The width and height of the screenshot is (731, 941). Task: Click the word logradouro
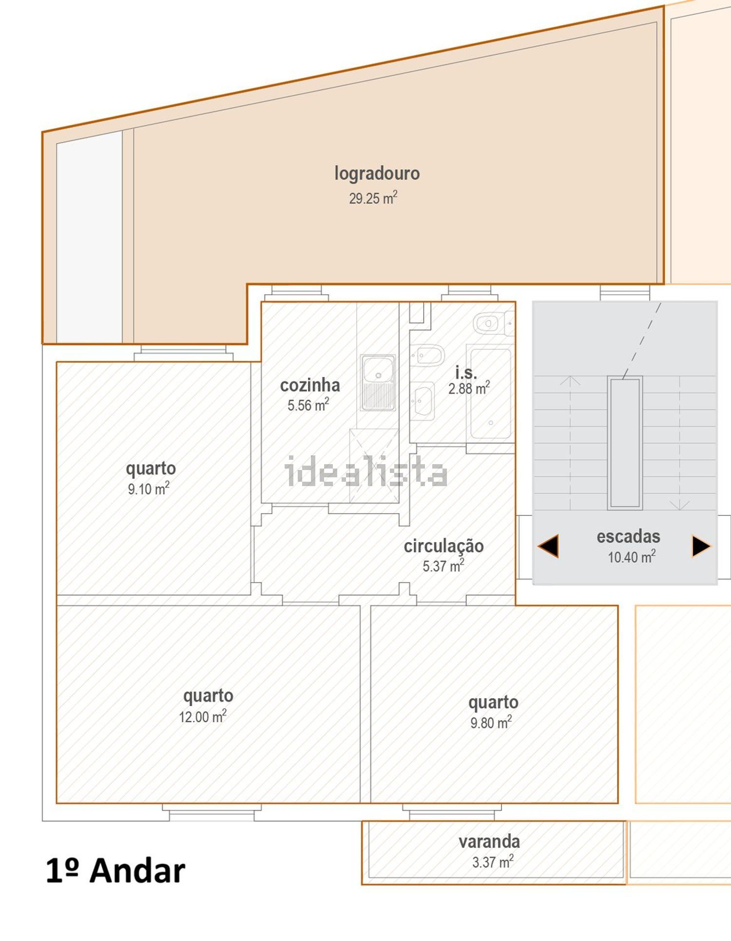tap(377, 174)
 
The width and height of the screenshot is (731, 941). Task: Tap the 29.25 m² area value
tap(373, 198)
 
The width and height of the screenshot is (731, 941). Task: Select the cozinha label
tap(310, 385)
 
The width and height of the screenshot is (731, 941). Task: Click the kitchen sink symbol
tap(378, 383)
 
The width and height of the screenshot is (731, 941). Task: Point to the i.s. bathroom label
tap(466, 372)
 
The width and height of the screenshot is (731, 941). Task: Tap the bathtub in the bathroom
tap(491, 392)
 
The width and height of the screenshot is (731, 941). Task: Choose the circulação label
tap(443, 546)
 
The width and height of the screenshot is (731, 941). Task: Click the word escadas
tap(628, 536)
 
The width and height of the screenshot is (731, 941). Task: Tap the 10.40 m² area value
tap(632, 557)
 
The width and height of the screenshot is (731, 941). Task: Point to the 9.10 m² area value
tap(149, 489)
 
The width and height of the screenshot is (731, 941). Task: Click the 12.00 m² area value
tap(203, 716)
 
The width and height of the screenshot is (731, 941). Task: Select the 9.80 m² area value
tap(491, 722)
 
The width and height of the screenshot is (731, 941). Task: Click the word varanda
tap(489, 842)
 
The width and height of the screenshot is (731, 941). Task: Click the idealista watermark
tap(365, 471)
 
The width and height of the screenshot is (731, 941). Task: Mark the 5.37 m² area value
tap(443, 566)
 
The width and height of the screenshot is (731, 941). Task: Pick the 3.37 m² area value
tap(493, 862)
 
